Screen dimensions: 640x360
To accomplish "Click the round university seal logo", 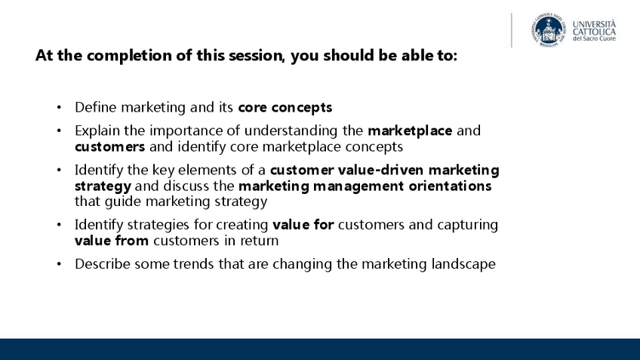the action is pos(549,29).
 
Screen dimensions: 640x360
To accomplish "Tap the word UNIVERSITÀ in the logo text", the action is pos(594,23).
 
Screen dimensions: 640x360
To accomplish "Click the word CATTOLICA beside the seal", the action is pos(594,32).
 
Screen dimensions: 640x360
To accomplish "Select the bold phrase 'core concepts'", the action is pos(285,107).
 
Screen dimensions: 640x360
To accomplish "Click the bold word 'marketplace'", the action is pos(410,131).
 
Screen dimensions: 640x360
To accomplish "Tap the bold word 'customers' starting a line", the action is pos(109,147).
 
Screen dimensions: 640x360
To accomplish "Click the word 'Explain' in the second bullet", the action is pos(97,131).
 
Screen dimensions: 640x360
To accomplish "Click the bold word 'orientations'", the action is pos(450,186).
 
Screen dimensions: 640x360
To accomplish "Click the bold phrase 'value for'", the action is pos(303,224).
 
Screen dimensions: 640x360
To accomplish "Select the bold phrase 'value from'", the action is pos(112,241).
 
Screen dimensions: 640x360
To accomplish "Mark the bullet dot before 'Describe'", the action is pos(59,264).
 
